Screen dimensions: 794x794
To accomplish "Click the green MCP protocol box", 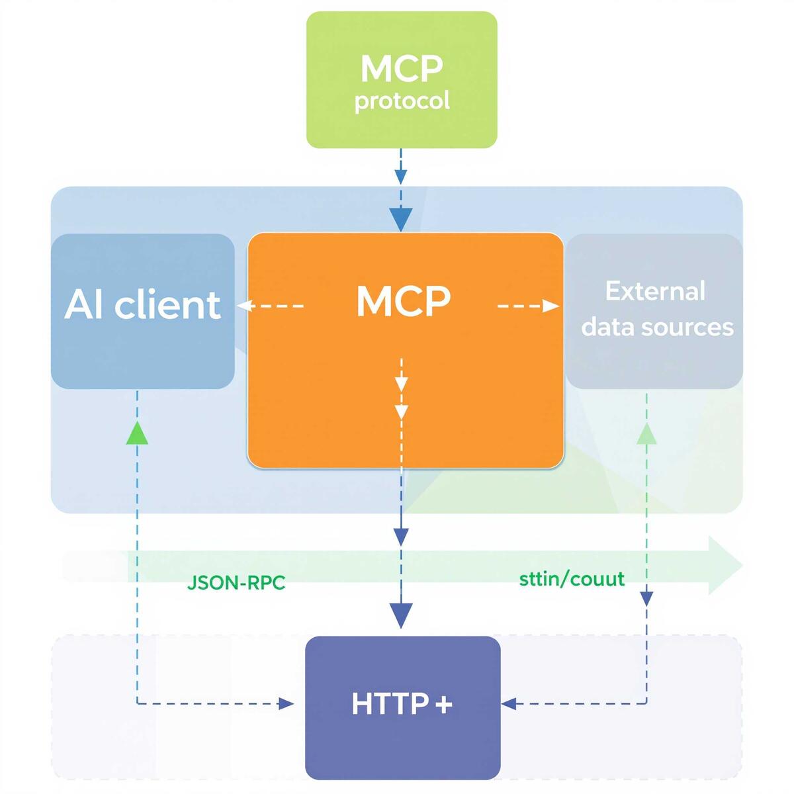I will click(402, 79).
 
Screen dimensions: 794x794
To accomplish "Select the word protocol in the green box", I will click(402, 101).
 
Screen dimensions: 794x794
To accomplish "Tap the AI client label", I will click(142, 304).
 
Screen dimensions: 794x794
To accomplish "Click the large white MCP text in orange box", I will click(403, 301).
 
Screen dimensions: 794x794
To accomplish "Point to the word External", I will click(655, 291).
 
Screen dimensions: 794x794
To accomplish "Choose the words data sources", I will click(657, 326).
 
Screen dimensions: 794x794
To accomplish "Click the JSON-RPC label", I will click(236, 583).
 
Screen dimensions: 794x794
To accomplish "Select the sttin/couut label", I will click(572, 579).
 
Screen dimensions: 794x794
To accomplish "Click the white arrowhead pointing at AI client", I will click(246, 306).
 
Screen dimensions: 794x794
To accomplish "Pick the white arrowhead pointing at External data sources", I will click(551, 306).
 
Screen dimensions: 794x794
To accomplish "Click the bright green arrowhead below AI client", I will click(137, 432).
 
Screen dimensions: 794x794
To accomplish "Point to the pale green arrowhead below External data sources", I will click(646, 433).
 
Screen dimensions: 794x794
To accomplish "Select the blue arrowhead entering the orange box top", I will click(401, 219).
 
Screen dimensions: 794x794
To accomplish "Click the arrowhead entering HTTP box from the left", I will click(287, 703).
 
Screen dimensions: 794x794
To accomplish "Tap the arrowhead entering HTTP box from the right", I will click(509, 703).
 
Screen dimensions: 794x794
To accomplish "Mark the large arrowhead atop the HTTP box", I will click(401, 615).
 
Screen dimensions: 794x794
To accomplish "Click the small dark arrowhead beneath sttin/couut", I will click(646, 598).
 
